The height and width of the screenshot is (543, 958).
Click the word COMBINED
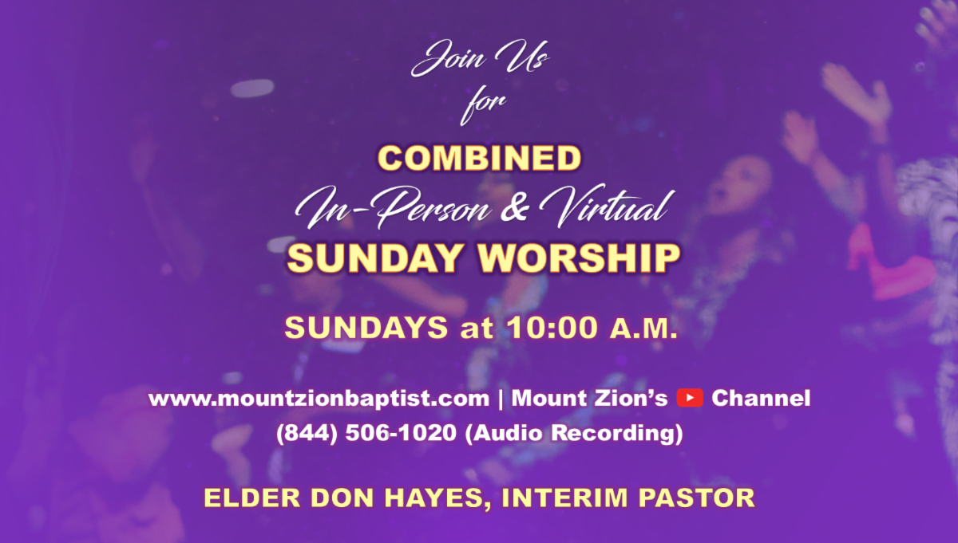[x=478, y=158]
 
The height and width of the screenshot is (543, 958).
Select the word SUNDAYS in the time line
[x=366, y=328]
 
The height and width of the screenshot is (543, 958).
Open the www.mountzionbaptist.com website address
[x=318, y=398]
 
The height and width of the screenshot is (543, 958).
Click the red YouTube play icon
[x=689, y=398]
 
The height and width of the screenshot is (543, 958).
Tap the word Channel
[x=760, y=398]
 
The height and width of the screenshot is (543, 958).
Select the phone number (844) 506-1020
[x=366, y=435]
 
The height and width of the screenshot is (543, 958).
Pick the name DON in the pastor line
[x=332, y=498]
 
